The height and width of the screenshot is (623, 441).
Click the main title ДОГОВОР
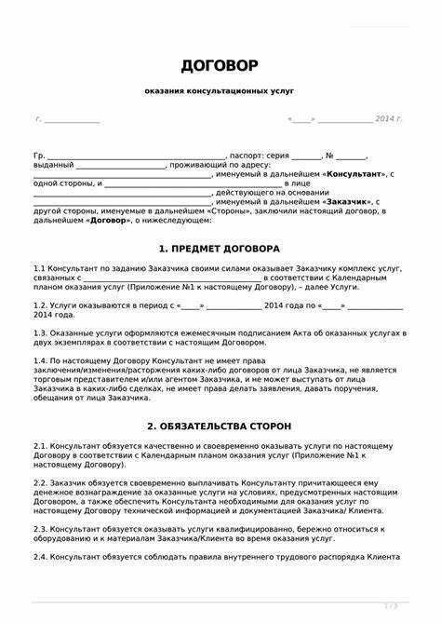[220, 66]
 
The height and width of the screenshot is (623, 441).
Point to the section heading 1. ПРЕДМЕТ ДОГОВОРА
[220, 249]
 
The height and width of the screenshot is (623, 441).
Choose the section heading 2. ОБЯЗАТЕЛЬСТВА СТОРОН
[220, 426]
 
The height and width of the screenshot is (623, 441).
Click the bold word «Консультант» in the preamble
[356, 174]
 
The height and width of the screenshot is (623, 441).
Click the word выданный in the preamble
[53, 165]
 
